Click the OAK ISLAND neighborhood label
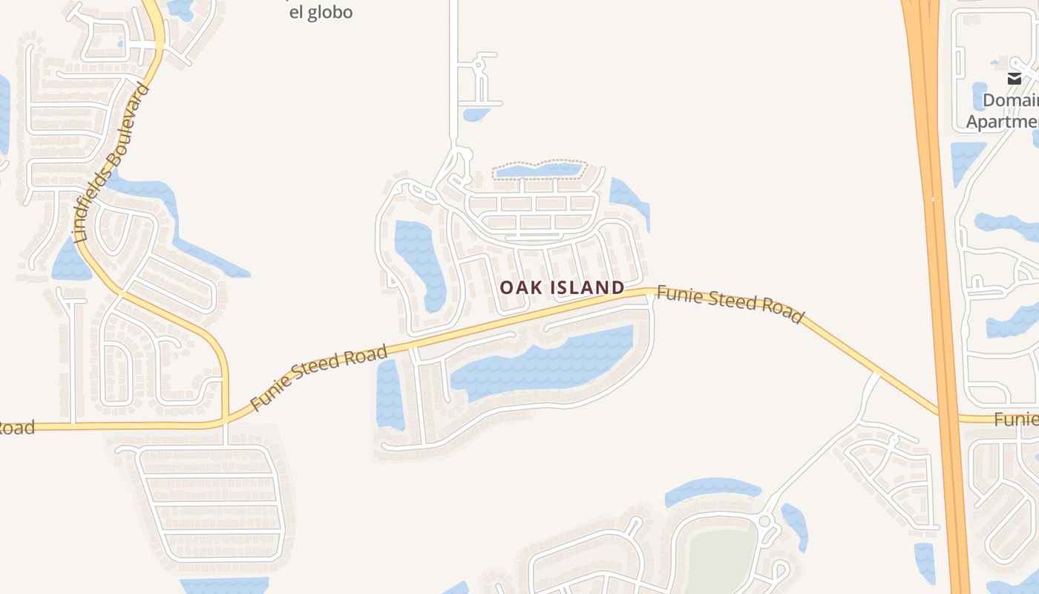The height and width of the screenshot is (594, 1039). (x=562, y=287)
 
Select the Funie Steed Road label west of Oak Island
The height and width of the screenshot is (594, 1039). (x=319, y=377)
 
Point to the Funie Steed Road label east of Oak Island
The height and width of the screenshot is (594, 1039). (x=730, y=304)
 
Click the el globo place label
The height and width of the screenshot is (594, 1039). (x=321, y=12)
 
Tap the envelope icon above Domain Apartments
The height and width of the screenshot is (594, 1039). (x=1014, y=79)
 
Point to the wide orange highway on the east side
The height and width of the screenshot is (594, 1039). (x=937, y=223)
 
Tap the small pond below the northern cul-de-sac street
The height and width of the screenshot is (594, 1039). (x=476, y=114)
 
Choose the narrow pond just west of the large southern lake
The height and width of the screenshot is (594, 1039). (x=389, y=394)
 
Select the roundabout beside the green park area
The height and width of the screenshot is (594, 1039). (x=764, y=520)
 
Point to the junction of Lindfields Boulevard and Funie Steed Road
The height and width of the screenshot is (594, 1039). (x=225, y=421)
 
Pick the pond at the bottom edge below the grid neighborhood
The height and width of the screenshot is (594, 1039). (x=223, y=586)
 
